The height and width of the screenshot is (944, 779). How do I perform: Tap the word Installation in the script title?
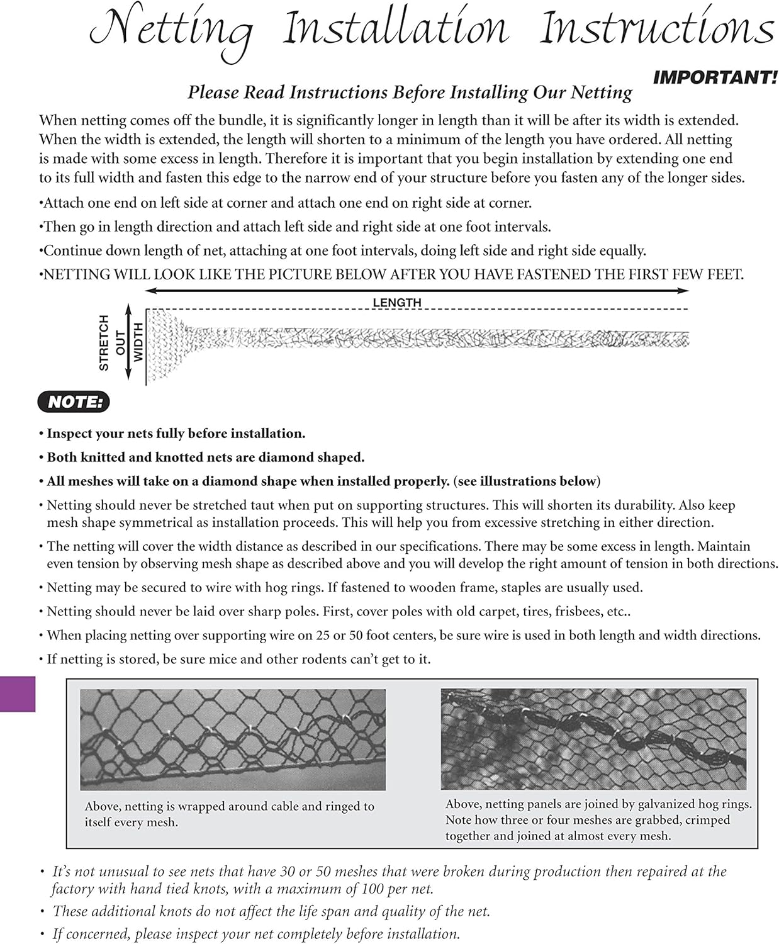point(395,28)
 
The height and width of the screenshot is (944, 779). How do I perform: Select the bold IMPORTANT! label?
point(715,78)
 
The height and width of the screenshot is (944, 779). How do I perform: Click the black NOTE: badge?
point(74,402)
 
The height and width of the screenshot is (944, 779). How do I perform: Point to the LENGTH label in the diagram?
point(396,303)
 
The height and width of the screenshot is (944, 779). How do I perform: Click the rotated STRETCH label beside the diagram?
point(104,342)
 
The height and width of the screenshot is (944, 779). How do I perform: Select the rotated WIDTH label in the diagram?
point(138,342)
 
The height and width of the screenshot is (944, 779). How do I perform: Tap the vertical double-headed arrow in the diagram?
point(128,342)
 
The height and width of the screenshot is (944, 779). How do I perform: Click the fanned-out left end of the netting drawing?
point(165,344)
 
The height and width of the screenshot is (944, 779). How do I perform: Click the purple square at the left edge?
point(17,694)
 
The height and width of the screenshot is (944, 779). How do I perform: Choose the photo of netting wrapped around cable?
point(233,739)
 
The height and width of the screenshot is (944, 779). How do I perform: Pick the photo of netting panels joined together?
point(593,739)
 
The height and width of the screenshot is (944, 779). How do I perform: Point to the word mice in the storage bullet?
point(254,659)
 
